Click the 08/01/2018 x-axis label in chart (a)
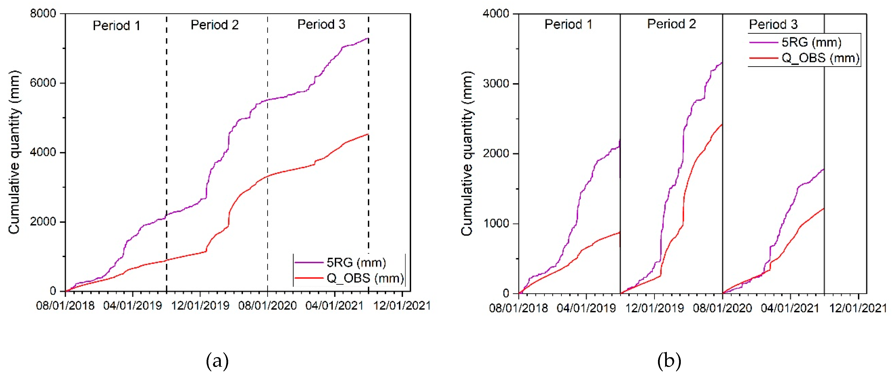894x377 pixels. coord(65,306)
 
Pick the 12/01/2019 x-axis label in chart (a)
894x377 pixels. coord(200,306)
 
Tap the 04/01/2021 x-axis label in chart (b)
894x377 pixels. coord(790,308)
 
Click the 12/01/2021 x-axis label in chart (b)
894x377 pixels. coord(858,308)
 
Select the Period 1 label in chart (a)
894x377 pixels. coord(117,25)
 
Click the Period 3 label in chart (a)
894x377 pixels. coord(321,24)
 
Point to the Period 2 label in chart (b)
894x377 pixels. coord(671,24)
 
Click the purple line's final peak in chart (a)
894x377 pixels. coord(368,38)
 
